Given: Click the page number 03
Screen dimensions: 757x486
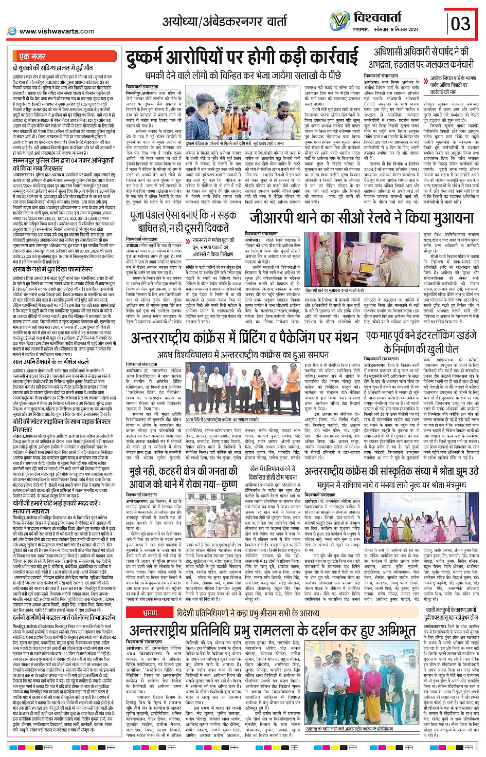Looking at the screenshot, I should tap(460, 23).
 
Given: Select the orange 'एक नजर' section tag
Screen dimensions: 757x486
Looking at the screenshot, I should tap(32, 56).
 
